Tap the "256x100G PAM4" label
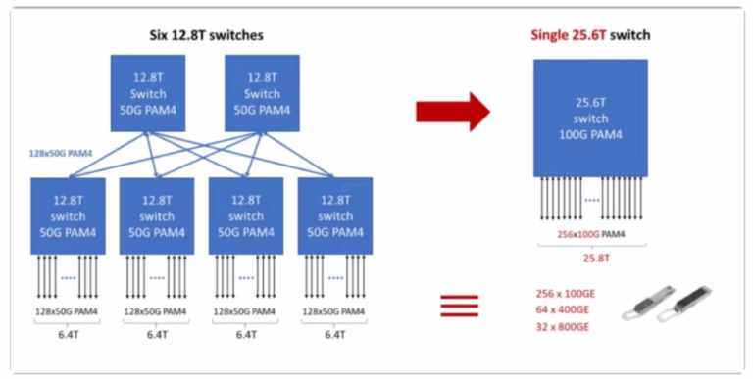tap(590, 234)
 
